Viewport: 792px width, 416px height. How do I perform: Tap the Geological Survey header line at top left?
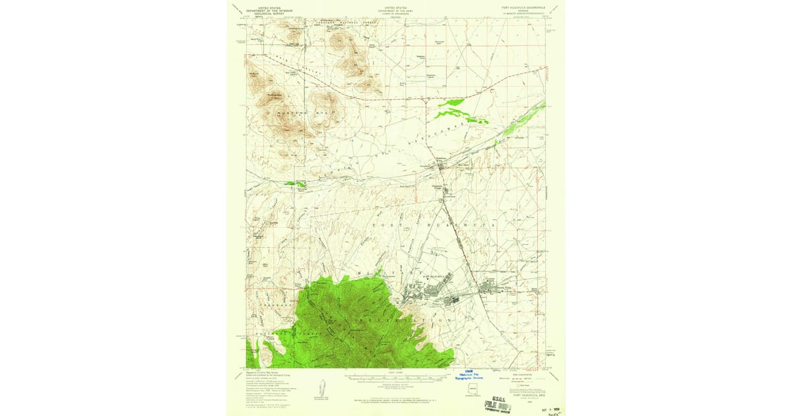(x=269, y=13)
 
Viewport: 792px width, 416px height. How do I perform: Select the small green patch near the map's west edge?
(x=295, y=184)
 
